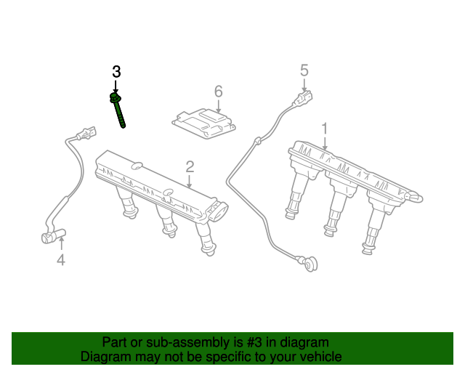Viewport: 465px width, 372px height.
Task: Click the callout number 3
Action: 116,72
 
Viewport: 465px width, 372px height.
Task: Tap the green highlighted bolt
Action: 118,110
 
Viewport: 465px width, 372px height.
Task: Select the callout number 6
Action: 218,92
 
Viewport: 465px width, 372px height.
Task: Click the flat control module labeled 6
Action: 203,124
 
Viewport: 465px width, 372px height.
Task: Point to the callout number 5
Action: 304,70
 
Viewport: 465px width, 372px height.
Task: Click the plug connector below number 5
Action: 303,98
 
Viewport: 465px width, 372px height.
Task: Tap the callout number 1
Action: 325,129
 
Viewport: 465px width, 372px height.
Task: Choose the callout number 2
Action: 190,167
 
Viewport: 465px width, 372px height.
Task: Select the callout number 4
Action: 61,260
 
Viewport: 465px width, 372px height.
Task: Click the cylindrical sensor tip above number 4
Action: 53,237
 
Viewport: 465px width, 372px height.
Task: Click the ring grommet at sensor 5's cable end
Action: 311,264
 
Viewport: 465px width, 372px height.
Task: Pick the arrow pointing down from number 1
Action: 325,143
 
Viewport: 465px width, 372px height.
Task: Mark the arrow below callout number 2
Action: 190,181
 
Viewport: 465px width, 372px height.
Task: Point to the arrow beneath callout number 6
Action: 218,105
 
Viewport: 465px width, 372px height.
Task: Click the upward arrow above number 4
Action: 61,244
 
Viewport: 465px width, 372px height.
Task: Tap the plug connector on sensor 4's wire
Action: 86,133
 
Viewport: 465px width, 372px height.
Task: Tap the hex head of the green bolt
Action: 115,97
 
